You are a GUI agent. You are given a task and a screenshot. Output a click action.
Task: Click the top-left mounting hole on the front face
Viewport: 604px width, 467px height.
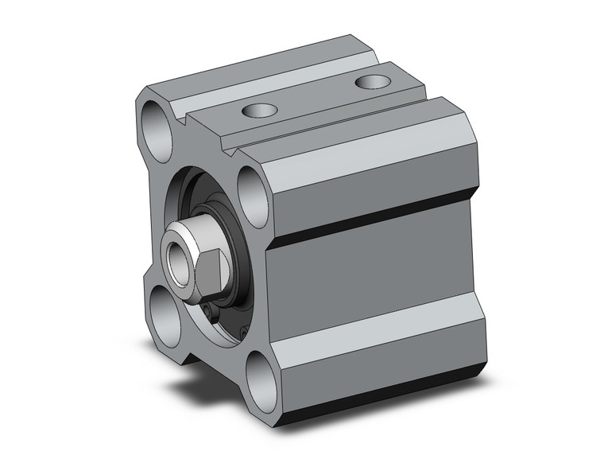pos(157,126)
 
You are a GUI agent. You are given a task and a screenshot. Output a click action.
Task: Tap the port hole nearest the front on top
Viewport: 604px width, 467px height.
pos(258,111)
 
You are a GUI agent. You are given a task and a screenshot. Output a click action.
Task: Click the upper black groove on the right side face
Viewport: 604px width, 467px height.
pos(374,214)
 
